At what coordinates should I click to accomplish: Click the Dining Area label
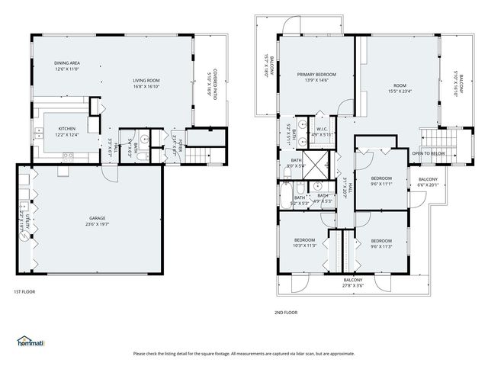67,66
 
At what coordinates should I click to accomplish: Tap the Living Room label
146,83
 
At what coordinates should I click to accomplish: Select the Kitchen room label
67,132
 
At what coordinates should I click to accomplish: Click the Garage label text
97,221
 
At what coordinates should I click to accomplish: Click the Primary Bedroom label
316,77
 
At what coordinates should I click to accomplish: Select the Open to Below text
429,152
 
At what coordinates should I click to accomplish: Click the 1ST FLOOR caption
24,291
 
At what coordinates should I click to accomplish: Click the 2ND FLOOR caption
286,312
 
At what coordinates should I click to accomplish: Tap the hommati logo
31,341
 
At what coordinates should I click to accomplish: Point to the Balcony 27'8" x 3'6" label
352,282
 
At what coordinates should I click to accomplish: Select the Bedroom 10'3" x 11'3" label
304,242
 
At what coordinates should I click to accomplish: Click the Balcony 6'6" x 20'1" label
429,181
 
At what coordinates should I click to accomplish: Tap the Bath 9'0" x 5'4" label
296,162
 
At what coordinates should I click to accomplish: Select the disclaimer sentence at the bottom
244,353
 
